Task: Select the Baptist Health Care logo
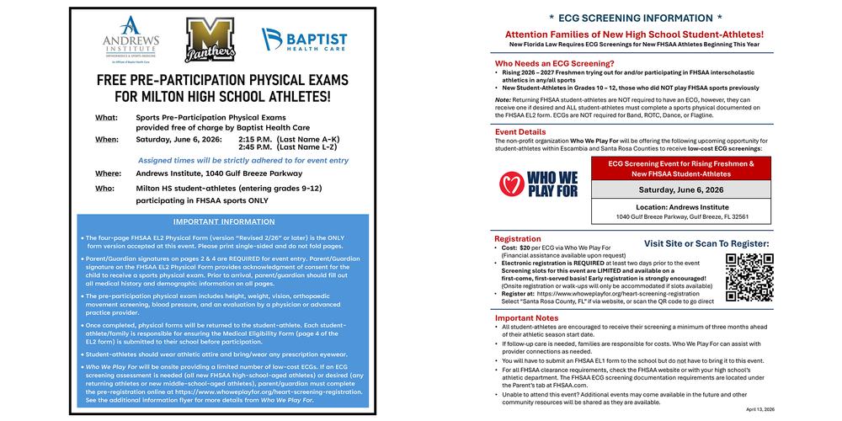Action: tap(304, 40)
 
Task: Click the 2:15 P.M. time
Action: tap(253, 139)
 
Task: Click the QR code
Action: tap(749, 277)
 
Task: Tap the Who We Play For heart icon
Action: tap(513, 184)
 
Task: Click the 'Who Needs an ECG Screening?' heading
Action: tap(554, 63)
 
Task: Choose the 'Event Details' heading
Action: tap(520, 132)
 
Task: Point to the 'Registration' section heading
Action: tap(518, 239)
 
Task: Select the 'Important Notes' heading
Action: tap(526, 317)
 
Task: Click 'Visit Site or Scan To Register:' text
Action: tap(706, 243)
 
